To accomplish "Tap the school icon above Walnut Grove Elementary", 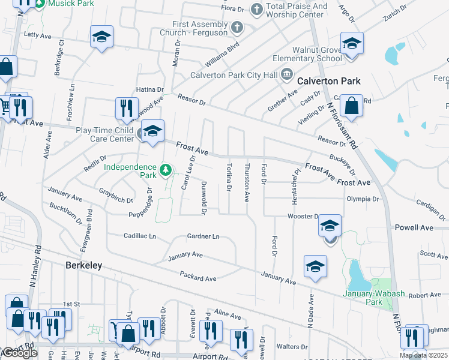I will point(352,44).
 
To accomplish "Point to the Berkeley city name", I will point(83,265).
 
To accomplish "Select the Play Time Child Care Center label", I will point(104,134).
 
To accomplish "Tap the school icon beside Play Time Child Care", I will point(152,132).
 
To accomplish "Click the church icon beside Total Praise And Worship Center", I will point(256,9).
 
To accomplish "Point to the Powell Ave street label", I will point(414,228).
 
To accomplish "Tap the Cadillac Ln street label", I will point(139,236).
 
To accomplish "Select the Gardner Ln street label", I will point(203,236).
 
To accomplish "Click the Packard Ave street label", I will point(197,277).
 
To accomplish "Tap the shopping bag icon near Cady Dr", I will point(352,106).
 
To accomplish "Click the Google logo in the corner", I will point(20,353).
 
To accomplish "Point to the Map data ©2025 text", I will point(424,355).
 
